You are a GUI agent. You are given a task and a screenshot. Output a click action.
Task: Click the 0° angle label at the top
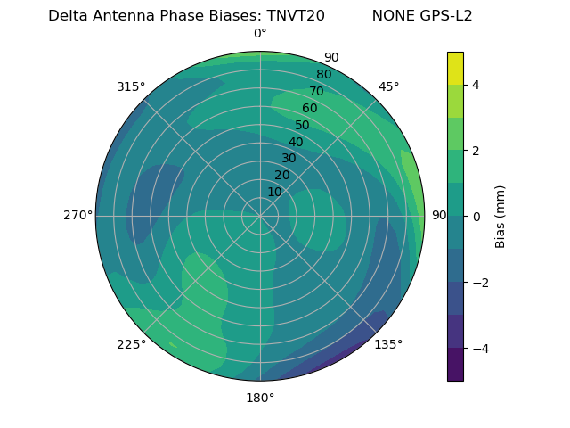click(260, 34)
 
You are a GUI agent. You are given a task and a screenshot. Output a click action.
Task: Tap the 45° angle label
click(388, 86)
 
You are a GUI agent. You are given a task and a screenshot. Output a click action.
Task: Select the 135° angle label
click(388, 344)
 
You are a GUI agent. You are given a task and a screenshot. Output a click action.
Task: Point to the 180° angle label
click(260, 398)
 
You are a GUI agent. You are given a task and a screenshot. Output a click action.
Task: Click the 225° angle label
click(131, 345)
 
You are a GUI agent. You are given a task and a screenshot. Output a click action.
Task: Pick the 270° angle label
click(78, 216)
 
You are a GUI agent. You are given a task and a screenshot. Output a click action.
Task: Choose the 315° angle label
click(131, 86)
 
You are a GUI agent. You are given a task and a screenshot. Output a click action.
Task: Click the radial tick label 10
click(274, 192)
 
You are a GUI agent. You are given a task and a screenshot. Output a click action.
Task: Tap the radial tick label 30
click(289, 159)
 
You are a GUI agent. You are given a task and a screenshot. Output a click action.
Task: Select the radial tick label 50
click(303, 126)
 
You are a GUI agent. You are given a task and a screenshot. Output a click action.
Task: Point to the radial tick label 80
click(323, 75)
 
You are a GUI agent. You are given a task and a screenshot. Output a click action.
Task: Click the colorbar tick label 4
click(476, 85)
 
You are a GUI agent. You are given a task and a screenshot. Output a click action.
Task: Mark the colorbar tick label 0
click(476, 217)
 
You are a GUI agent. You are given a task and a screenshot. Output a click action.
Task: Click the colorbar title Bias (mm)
click(501, 217)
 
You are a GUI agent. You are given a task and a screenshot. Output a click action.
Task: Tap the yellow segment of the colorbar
click(455, 68)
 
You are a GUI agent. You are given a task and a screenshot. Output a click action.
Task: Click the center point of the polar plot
click(260, 216)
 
